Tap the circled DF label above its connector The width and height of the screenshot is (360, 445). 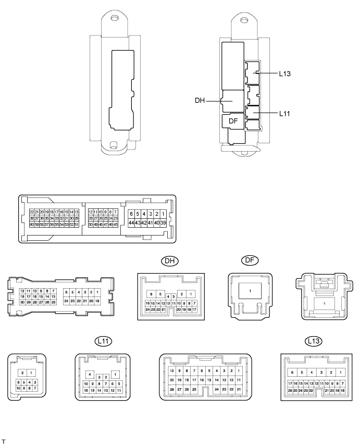click(x=250, y=261)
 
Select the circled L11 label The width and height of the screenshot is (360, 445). click(x=104, y=342)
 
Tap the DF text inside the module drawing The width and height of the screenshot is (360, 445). click(x=234, y=121)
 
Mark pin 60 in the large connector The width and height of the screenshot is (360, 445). click(x=32, y=224)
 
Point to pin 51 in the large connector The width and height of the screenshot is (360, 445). click(x=77, y=224)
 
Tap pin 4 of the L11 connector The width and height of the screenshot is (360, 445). click(x=90, y=375)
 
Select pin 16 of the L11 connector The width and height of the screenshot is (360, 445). click(x=86, y=390)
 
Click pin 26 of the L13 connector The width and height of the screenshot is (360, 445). click(x=290, y=390)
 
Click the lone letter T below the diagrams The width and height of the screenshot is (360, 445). click(x=4, y=440)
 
